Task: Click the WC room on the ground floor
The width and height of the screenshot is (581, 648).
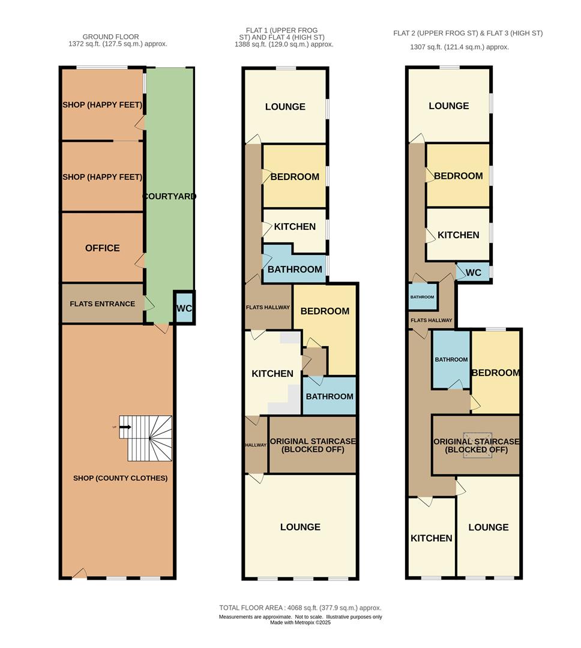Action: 184,308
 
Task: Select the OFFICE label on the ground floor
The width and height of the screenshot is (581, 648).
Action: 102,248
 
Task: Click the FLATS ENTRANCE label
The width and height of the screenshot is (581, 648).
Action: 102,304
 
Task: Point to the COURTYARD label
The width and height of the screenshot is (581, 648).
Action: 169,196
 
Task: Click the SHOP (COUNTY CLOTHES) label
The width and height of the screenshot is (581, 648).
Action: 120,478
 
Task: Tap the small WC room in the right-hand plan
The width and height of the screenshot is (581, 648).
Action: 474,272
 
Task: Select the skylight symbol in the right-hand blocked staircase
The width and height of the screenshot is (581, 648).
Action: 478,445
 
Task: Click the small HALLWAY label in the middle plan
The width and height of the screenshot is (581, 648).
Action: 256,445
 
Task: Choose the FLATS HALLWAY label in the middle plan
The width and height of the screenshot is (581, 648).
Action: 268,307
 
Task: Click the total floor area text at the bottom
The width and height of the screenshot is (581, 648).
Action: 300,608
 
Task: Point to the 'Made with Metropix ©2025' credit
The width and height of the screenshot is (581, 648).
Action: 300,623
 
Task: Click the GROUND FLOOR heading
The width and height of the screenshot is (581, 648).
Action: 110,37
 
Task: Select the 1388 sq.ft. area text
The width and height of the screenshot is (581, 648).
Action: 284,44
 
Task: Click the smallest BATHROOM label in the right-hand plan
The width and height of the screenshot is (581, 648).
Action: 422,297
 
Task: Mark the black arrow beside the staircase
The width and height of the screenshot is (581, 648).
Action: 124,427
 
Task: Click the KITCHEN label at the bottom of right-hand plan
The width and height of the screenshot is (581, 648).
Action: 431,538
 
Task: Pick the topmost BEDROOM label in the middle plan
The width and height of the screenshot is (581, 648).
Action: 294,177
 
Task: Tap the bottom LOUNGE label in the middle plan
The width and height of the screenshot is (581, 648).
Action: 300,527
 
